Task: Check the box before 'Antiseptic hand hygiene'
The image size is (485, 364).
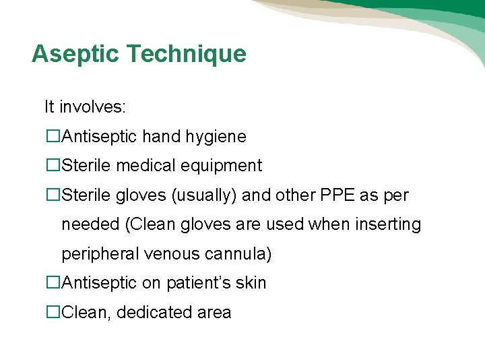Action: tap(53, 137)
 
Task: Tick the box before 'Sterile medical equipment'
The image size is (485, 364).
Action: tap(53, 165)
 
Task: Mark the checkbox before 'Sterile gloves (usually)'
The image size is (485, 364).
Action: tap(53, 195)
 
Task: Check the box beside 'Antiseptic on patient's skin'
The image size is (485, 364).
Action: tap(53, 283)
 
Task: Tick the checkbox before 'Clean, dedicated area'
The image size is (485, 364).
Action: tap(53, 313)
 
